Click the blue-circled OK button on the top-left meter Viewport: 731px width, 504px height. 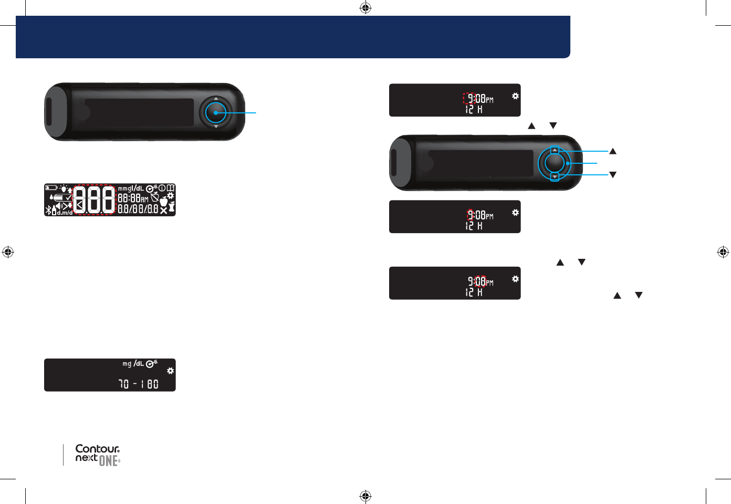click(215, 112)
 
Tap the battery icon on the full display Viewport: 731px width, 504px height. click(51, 187)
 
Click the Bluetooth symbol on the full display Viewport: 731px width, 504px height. click(48, 211)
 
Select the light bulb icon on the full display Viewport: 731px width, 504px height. click(64, 189)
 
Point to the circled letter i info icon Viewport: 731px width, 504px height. click(162, 188)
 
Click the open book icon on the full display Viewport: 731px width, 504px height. click(171, 188)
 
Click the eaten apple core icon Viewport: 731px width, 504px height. click(171, 207)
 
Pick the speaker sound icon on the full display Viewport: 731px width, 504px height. click(59, 206)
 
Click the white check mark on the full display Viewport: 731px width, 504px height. click(68, 197)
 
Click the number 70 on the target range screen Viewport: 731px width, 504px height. click(124, 384)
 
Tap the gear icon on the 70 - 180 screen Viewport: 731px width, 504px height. click(170, 371)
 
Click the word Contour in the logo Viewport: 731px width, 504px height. click(97, 449)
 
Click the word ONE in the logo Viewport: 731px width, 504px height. click(108, 461)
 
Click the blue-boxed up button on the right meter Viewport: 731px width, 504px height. click(555, 151)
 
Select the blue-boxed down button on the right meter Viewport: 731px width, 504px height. click(555, 177)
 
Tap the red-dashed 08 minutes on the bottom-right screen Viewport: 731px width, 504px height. click(481, 281)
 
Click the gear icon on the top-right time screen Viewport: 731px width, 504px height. click(515, 96)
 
